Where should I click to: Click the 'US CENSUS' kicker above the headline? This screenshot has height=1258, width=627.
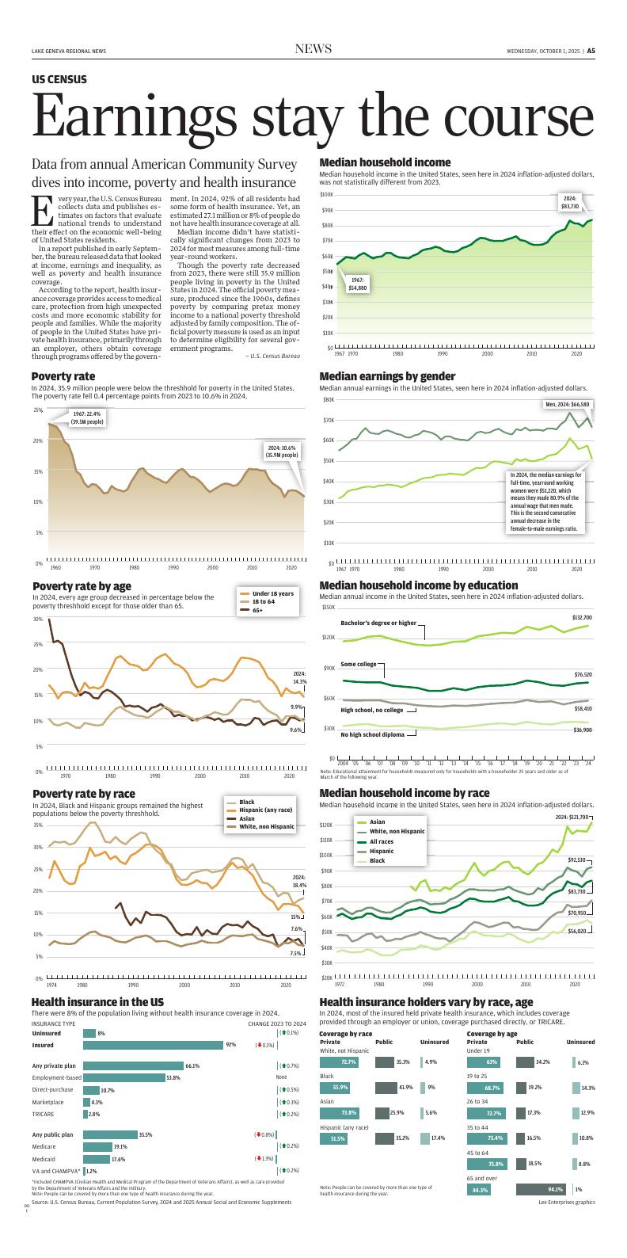coord(59,80)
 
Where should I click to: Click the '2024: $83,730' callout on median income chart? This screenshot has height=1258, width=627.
coord(570,202)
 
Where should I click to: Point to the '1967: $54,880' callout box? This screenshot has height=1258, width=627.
coord(357,284)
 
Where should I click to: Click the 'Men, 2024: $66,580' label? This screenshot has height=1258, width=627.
coord(568,405)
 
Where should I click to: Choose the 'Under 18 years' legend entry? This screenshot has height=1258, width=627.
coord(272,593)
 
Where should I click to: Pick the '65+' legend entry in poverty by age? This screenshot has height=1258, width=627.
coord(258,611)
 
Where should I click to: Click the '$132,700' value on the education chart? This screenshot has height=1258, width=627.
coord(582,617)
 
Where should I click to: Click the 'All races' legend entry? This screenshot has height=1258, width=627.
coord(382,841)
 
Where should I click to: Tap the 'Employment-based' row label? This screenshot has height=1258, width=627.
coord(56,1078)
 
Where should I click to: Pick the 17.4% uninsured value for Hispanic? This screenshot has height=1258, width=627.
coord(438,1138)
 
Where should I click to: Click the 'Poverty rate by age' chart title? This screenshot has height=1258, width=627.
coord(82,586)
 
